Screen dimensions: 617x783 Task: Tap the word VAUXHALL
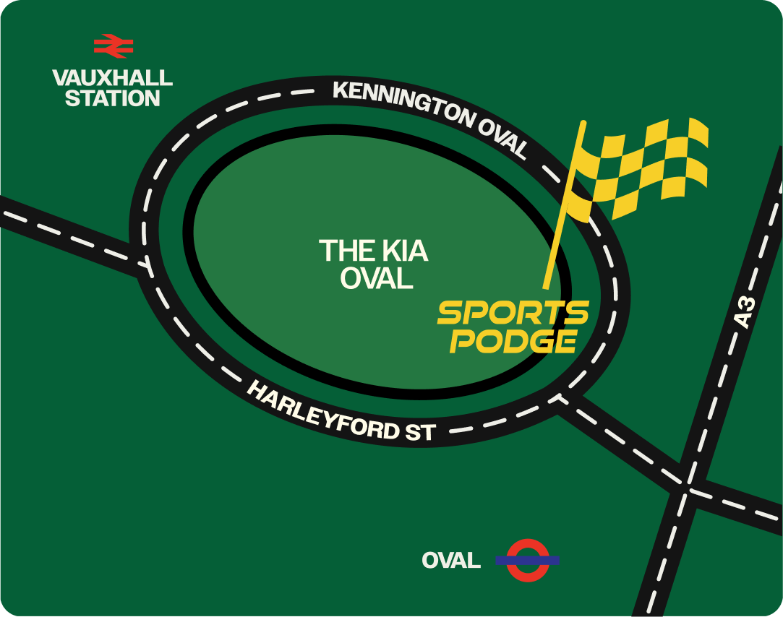113,77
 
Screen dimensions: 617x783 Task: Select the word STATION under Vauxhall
113,98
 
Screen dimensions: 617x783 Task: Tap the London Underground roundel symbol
527,559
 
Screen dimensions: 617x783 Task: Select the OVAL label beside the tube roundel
451,560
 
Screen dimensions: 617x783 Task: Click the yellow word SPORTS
513,314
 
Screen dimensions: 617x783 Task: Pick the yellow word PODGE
513,341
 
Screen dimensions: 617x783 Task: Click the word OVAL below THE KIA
376,278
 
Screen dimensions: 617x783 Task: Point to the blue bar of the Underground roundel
527,559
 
